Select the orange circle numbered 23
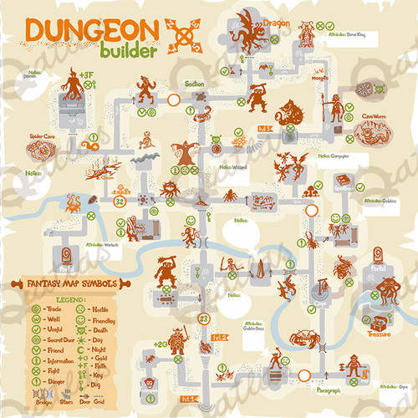204,317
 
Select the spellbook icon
342,180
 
